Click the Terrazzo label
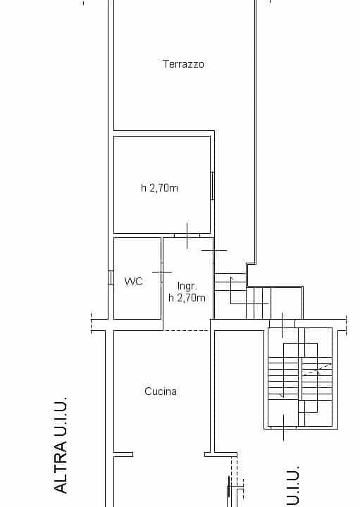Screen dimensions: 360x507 click(183, 64)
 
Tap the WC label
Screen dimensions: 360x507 click(134, 281)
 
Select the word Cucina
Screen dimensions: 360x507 click(161, 392)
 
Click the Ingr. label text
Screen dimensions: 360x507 click(187, 286)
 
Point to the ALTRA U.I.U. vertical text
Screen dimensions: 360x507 click(61, 445)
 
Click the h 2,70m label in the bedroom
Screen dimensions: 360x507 click(159, 187)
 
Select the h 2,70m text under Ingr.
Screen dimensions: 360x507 click(187, 297)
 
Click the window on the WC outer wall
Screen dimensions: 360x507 click(111, 277)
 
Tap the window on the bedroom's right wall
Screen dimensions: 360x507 click(213, 186)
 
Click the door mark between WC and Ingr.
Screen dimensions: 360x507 click(162, 273)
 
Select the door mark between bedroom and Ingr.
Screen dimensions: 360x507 click(187, 235)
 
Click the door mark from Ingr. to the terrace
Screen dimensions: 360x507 click(214, 250)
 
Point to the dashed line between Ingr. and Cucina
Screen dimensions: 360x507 click(186, 330)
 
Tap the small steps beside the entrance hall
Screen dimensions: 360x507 click(242, 296)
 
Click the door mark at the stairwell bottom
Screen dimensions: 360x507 click(284, 427)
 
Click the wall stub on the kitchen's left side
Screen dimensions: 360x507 click(123, 455)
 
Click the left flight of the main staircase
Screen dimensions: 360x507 click(283, 377)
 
